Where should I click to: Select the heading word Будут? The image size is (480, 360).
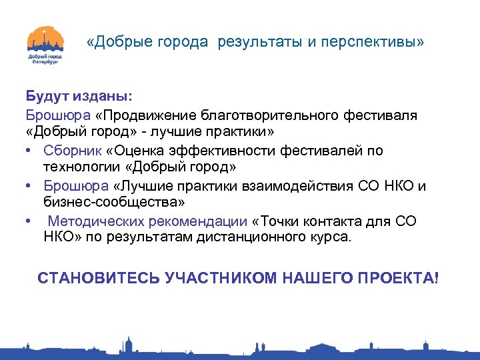coord(46,97)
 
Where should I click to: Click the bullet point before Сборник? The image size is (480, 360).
coord(31,151)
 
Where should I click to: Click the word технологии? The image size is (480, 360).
coord(79,167)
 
